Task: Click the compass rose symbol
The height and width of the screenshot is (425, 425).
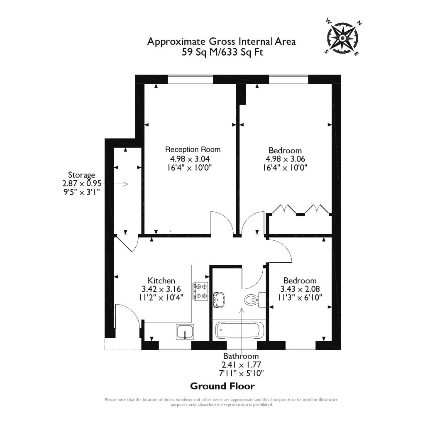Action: point(343,38)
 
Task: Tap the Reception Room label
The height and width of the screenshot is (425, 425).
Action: point(193,149)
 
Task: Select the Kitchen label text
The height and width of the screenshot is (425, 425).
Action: point(161,281)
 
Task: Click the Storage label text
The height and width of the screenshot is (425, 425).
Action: point(82,175)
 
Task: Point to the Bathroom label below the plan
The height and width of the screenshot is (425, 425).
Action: point(241,356)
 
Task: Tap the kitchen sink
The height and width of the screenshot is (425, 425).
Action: point(184,332)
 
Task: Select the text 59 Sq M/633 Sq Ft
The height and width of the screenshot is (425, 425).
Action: point(222,52)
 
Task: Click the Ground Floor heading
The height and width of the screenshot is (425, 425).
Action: point(222,386)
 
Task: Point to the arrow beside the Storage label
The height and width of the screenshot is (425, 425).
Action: point(122,184)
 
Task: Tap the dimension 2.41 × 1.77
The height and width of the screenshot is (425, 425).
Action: point(241,365)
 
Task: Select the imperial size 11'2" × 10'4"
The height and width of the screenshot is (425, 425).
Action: point(161,298)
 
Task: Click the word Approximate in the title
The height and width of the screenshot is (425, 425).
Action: point(171,42)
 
